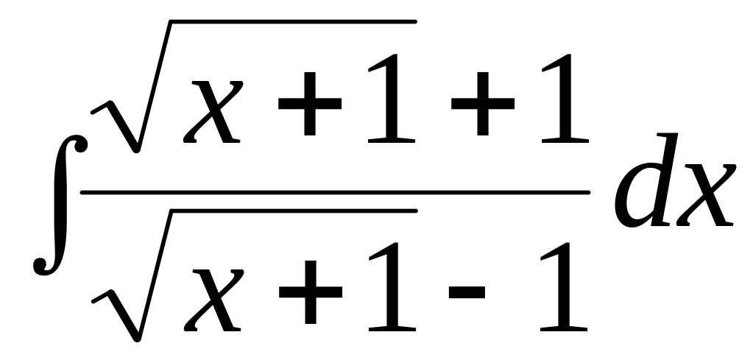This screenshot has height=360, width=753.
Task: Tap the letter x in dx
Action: coord(707,195)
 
